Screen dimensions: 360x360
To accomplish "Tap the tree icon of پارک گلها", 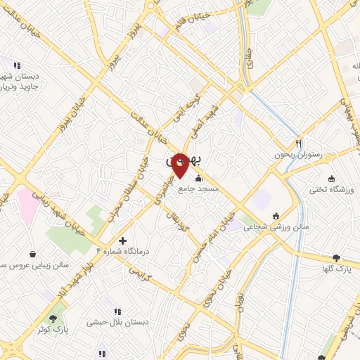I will click(336, 258).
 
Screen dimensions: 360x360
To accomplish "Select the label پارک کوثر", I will click(53, 330).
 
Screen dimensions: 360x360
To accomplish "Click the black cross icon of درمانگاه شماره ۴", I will click(122, 240).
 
